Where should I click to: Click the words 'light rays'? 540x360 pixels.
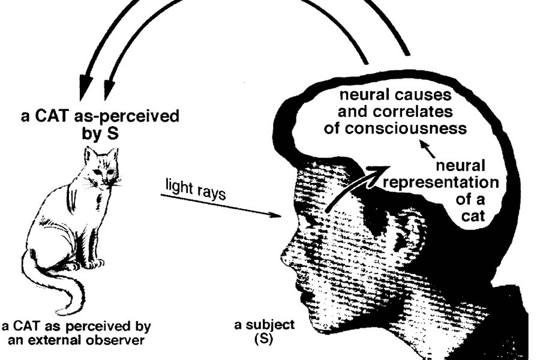[x=195, y=190]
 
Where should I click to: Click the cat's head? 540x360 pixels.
[x=102, y=166]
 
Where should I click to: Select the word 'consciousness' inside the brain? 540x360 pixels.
[x=406, y=128]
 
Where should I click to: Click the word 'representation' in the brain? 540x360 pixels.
[x=441, y=182]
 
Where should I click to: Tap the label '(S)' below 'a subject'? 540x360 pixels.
[x=264, y=340]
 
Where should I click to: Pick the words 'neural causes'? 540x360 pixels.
[x=395, y=95]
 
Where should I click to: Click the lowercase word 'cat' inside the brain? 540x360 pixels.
[x=473, y=216]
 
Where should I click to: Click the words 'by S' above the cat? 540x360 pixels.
[x=100, y=133]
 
